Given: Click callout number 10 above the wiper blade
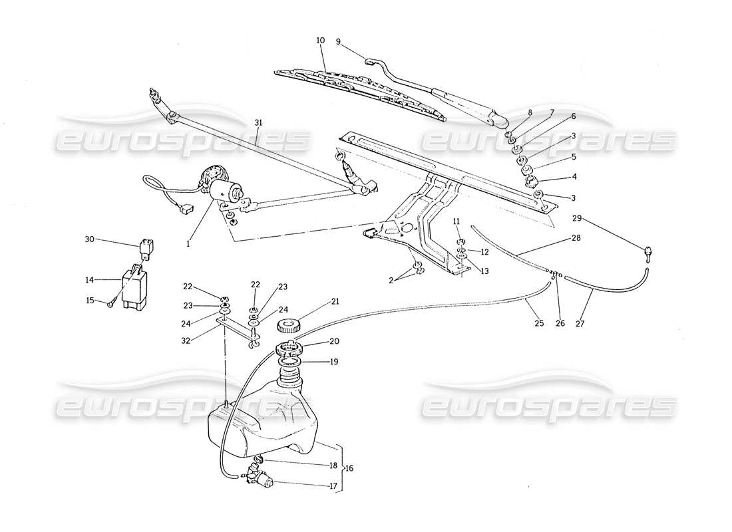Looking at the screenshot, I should [320, 41].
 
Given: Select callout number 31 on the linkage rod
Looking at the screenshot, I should [258, 122].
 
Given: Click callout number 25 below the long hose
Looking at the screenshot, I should [539, 324].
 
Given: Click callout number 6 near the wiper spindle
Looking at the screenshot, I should [572, 116].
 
